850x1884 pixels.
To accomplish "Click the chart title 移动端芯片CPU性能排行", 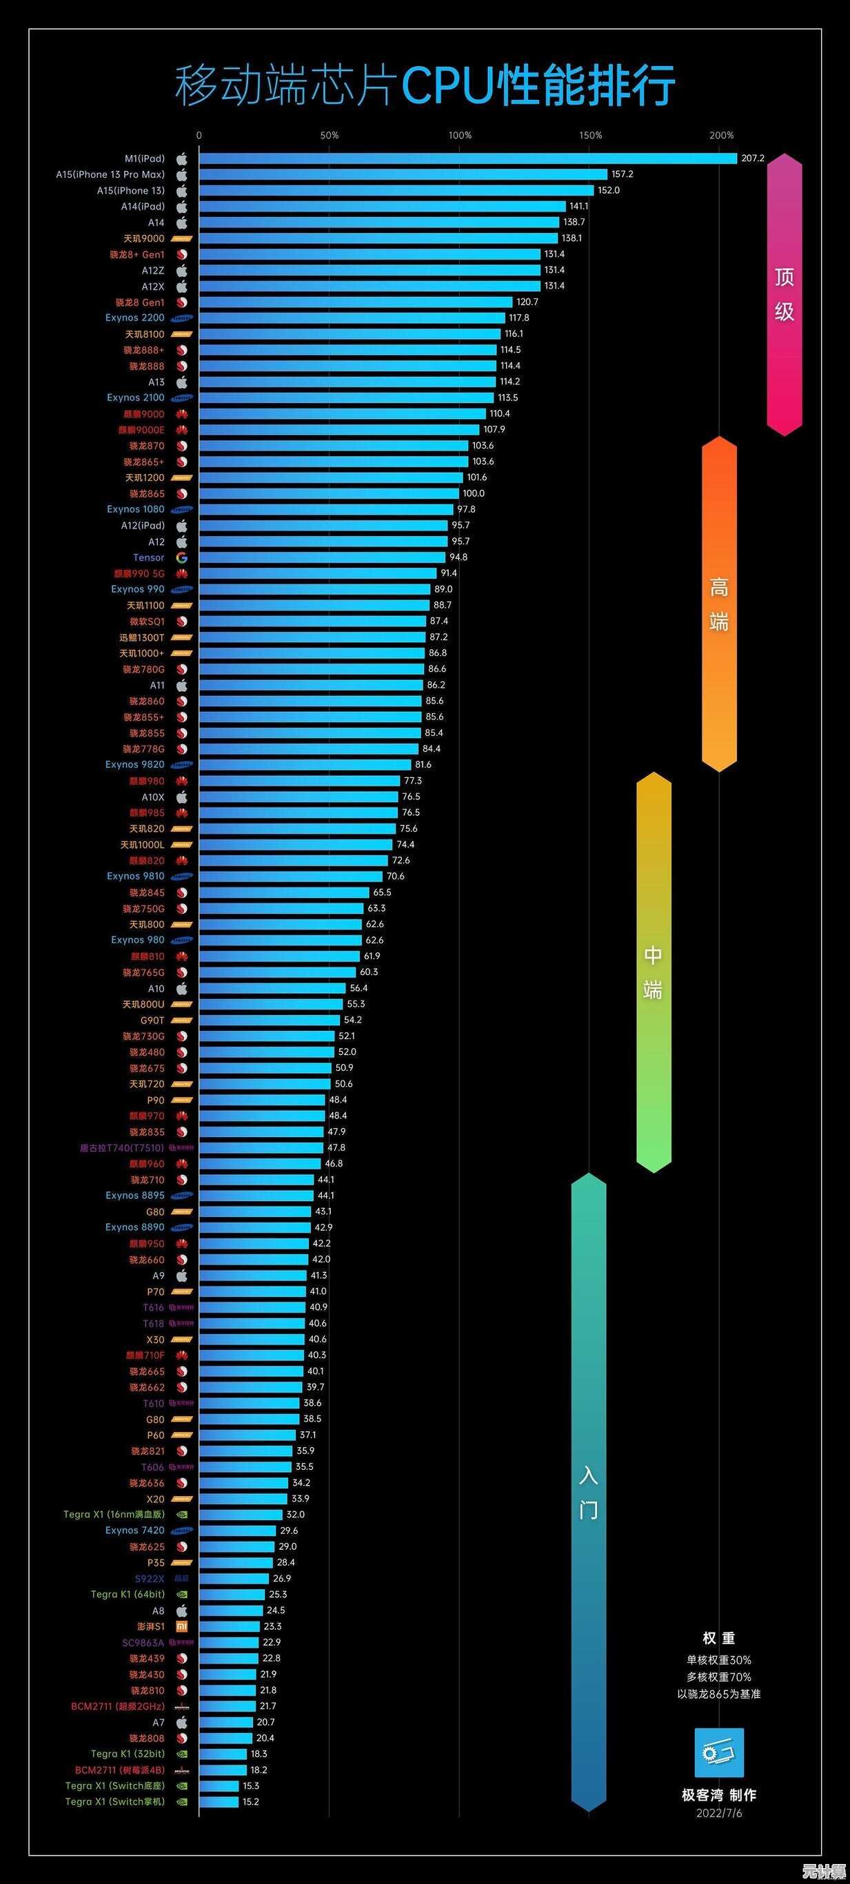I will pyautogui.click(x=424, y=85).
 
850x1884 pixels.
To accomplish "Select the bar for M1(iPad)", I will pyautogui.click(x=467, y=158).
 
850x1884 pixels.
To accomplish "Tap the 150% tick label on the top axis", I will pyautogui.click(x=590, y=135).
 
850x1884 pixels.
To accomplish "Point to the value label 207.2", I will pyautogui.click(x=752, y=158).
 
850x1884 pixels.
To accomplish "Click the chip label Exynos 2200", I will pyautogui.click(x=134, y=318).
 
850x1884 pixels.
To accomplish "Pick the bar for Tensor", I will pyautogui.click(x=322, y=557).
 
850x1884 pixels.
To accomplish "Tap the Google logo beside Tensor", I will pyautogui.click(x=181, y=558).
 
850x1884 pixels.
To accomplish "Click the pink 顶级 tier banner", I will pyautogui.click(x=785, y=294).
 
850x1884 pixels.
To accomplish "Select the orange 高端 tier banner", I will pyautogui.click(x=719, y=604).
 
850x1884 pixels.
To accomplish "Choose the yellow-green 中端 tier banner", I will pyautogui.click(x=654, y=972).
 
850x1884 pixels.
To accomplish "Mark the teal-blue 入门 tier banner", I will pyautogui.click(x=588, y=1492).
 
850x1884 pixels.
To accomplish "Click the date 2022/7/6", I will pyautogui.click(x=718, y=1813).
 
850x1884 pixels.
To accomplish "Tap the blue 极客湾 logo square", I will pyautogui.click(x=718, y=1753).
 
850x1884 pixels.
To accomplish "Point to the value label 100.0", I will pyautogui.click(x=474, y=493).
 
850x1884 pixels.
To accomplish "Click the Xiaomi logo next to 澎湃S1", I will pyautogui.click(x=181, y=1626).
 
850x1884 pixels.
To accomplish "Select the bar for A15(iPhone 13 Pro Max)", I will pyautogui.click(x=403, y=175).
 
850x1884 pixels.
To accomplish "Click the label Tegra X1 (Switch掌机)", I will pyautogui.click(x=115, y=1801).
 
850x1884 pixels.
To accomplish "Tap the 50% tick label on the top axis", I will pyautogui.click(x=329, y=135).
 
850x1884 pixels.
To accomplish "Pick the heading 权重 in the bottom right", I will pyautogui.click(x=718, y=1638).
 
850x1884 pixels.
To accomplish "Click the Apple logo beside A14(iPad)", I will pyautogui.click(x=181, y=207).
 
